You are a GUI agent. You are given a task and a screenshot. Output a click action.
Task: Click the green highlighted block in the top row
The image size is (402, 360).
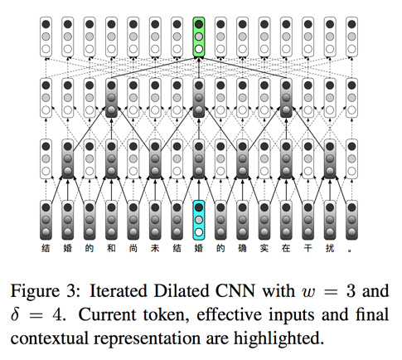(x=199, y=36)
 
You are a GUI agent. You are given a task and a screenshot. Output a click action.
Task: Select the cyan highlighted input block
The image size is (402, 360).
(x=199, y=220)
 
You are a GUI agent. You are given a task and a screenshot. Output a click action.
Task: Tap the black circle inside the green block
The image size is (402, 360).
(x=199, y=24)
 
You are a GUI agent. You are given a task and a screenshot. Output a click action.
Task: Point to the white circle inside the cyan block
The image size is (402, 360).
(x=199, y=232)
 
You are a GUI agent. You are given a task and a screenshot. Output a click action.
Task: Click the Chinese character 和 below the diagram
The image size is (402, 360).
(x=111, y=248)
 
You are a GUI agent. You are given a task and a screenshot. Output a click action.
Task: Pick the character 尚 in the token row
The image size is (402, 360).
(x=133, y=248)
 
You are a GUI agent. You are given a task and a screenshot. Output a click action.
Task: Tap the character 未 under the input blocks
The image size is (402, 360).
(x=155, y=248)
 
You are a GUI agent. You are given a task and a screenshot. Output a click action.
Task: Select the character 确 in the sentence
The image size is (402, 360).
(x=242, y=248)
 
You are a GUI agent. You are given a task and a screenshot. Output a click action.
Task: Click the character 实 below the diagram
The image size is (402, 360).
(x=264, y=248)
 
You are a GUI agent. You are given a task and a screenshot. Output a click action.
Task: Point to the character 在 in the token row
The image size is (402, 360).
(x=286, y=248)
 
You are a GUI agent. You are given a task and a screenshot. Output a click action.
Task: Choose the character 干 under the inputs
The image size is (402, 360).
(x=308, y=248)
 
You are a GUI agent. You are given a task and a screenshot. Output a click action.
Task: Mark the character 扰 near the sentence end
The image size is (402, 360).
(x=330, y=248)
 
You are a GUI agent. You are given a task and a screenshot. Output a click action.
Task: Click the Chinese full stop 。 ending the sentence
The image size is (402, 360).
(x=350, y=251)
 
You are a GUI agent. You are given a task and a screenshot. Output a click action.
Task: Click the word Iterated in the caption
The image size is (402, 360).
(x=119, y=291)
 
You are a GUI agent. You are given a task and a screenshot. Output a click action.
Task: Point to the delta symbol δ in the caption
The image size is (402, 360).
(x=15, y=314)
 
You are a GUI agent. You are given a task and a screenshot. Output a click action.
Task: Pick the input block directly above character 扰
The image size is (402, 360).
(x=330, y=220)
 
